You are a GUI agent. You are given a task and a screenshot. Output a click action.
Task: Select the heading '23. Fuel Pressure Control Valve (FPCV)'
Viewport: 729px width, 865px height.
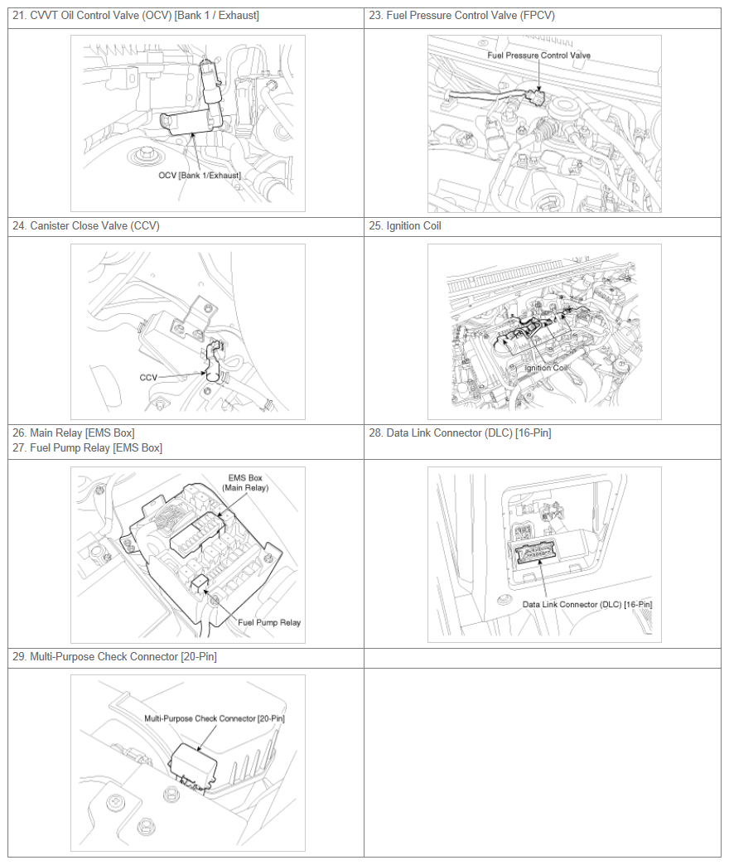click(x=461, y=16)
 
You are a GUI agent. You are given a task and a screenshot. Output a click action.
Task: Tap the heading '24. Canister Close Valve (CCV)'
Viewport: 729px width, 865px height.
click(x=86, y=225)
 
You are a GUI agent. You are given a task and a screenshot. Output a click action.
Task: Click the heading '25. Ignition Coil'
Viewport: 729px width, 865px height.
click(x=405, y=225)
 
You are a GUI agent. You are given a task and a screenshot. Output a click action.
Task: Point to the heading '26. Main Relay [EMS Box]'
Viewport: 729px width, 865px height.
click(x=74, y=433)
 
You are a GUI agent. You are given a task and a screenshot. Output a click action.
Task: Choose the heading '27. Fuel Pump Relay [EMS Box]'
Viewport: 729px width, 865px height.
click(x=87, y=448)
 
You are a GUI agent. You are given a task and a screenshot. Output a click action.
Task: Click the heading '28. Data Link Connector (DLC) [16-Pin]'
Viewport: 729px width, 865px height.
click(x=460, y=433)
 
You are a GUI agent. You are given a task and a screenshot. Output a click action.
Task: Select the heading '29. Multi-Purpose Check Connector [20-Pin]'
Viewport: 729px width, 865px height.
click(x=114, y=656)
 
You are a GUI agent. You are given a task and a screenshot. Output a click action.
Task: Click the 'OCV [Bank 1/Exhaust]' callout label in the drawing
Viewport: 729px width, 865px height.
click(x=200, y=176)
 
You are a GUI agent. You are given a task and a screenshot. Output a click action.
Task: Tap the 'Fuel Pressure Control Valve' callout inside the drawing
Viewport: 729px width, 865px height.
click(x=538, y=56)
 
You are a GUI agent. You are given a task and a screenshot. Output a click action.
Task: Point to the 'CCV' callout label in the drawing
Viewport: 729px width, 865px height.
click(x=148, y=377)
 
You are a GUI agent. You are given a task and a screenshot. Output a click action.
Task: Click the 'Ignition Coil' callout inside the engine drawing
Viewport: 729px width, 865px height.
click(x=545, y=367)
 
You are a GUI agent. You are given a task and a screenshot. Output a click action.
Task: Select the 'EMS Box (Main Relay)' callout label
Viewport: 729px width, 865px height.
click(x=245, y=483)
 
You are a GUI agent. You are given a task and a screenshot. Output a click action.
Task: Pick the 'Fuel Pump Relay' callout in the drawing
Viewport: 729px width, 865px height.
click(x=269, y=622)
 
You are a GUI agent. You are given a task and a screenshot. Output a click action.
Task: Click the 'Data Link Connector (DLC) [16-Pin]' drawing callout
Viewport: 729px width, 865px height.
click(x=587, y=604)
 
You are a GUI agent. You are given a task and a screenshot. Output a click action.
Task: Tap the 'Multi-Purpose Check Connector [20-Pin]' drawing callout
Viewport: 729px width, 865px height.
click(x=215, y=718)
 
